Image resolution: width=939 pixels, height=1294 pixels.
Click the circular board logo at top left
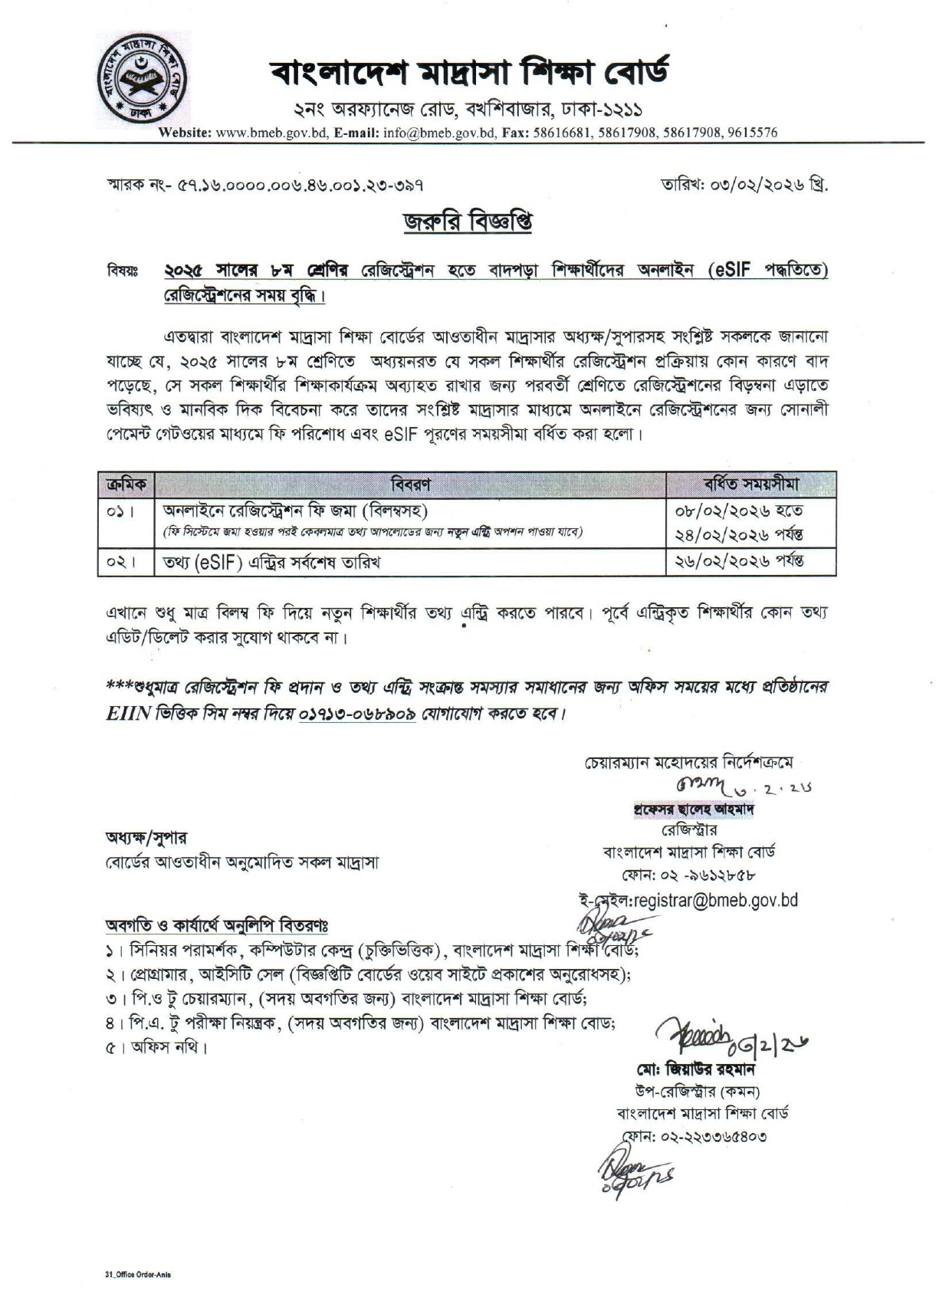tap(143, 77)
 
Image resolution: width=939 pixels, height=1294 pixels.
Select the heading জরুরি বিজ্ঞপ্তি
tap(468, 222)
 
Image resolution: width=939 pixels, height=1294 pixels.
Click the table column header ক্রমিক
tap(126, 484)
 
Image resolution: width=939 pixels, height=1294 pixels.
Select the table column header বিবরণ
tap(410, 484)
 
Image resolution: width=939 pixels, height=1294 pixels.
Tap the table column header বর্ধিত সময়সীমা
tap(751, 484)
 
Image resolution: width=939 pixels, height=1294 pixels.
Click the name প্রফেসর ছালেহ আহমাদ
tap(692, 810)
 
